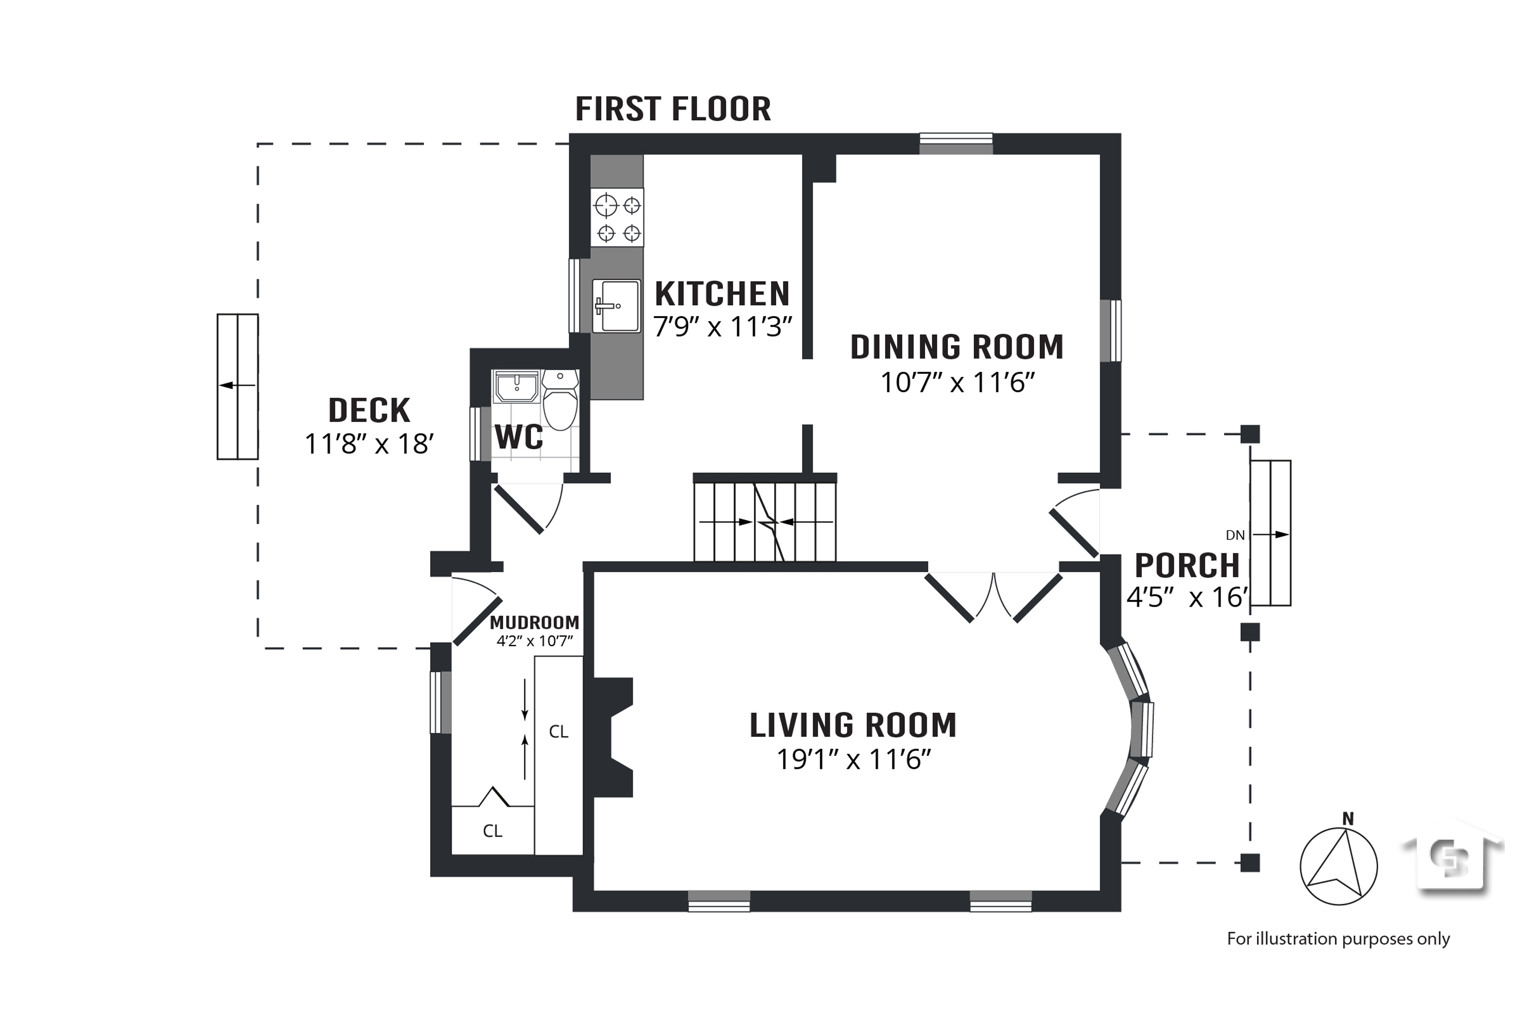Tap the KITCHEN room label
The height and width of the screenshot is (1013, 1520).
click(x=722, y=294)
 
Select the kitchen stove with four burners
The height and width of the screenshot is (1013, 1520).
click(x=617, y=218)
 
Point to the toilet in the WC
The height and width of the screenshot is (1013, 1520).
click(x=560, y=400)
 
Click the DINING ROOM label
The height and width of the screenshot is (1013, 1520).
click(x=957, y=347)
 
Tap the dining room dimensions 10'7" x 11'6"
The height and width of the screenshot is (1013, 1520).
click(x=958, y=382)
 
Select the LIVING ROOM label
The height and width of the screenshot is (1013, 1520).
click(x=853, y=725)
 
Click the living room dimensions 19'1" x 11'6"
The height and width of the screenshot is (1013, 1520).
click(x=854, y=760)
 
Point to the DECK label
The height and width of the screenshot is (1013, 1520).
click(x=369, y=410)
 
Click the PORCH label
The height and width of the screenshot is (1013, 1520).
click(x=1187, y=566)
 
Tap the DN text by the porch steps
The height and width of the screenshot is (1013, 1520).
click(x=1235, y=535)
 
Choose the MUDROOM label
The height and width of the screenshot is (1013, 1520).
click(x=535, y=623)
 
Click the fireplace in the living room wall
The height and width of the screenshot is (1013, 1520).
click(x=613, y=737)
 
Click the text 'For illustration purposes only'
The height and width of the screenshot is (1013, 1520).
click(x=1339, y=939)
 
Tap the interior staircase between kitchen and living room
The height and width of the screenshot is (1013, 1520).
click(x=765, y=521)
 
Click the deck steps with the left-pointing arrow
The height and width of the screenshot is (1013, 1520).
click(x=238, y=387)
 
